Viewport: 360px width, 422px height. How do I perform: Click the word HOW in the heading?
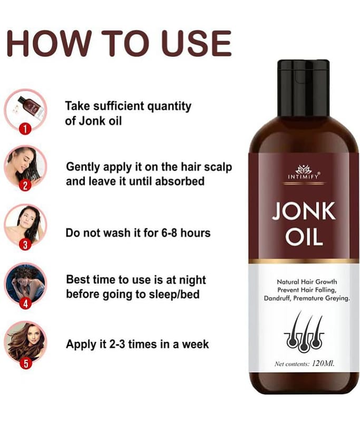(48, 43)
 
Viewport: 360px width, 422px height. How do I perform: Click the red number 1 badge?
(25, 129)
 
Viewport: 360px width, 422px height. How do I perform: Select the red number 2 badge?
(25, 186)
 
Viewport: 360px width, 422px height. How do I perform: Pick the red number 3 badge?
(25, 245)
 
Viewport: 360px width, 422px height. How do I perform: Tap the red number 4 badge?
(25, 304)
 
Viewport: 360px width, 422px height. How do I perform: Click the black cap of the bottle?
(303, 88)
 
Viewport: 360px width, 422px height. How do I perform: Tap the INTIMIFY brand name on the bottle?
(303, 177)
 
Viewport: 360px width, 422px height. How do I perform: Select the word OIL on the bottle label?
(304, 238)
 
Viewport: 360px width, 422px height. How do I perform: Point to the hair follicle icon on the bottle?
(304, 332)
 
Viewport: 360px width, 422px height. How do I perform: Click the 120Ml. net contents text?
(323, 363)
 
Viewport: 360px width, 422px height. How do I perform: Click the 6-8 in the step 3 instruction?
(169, 233)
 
